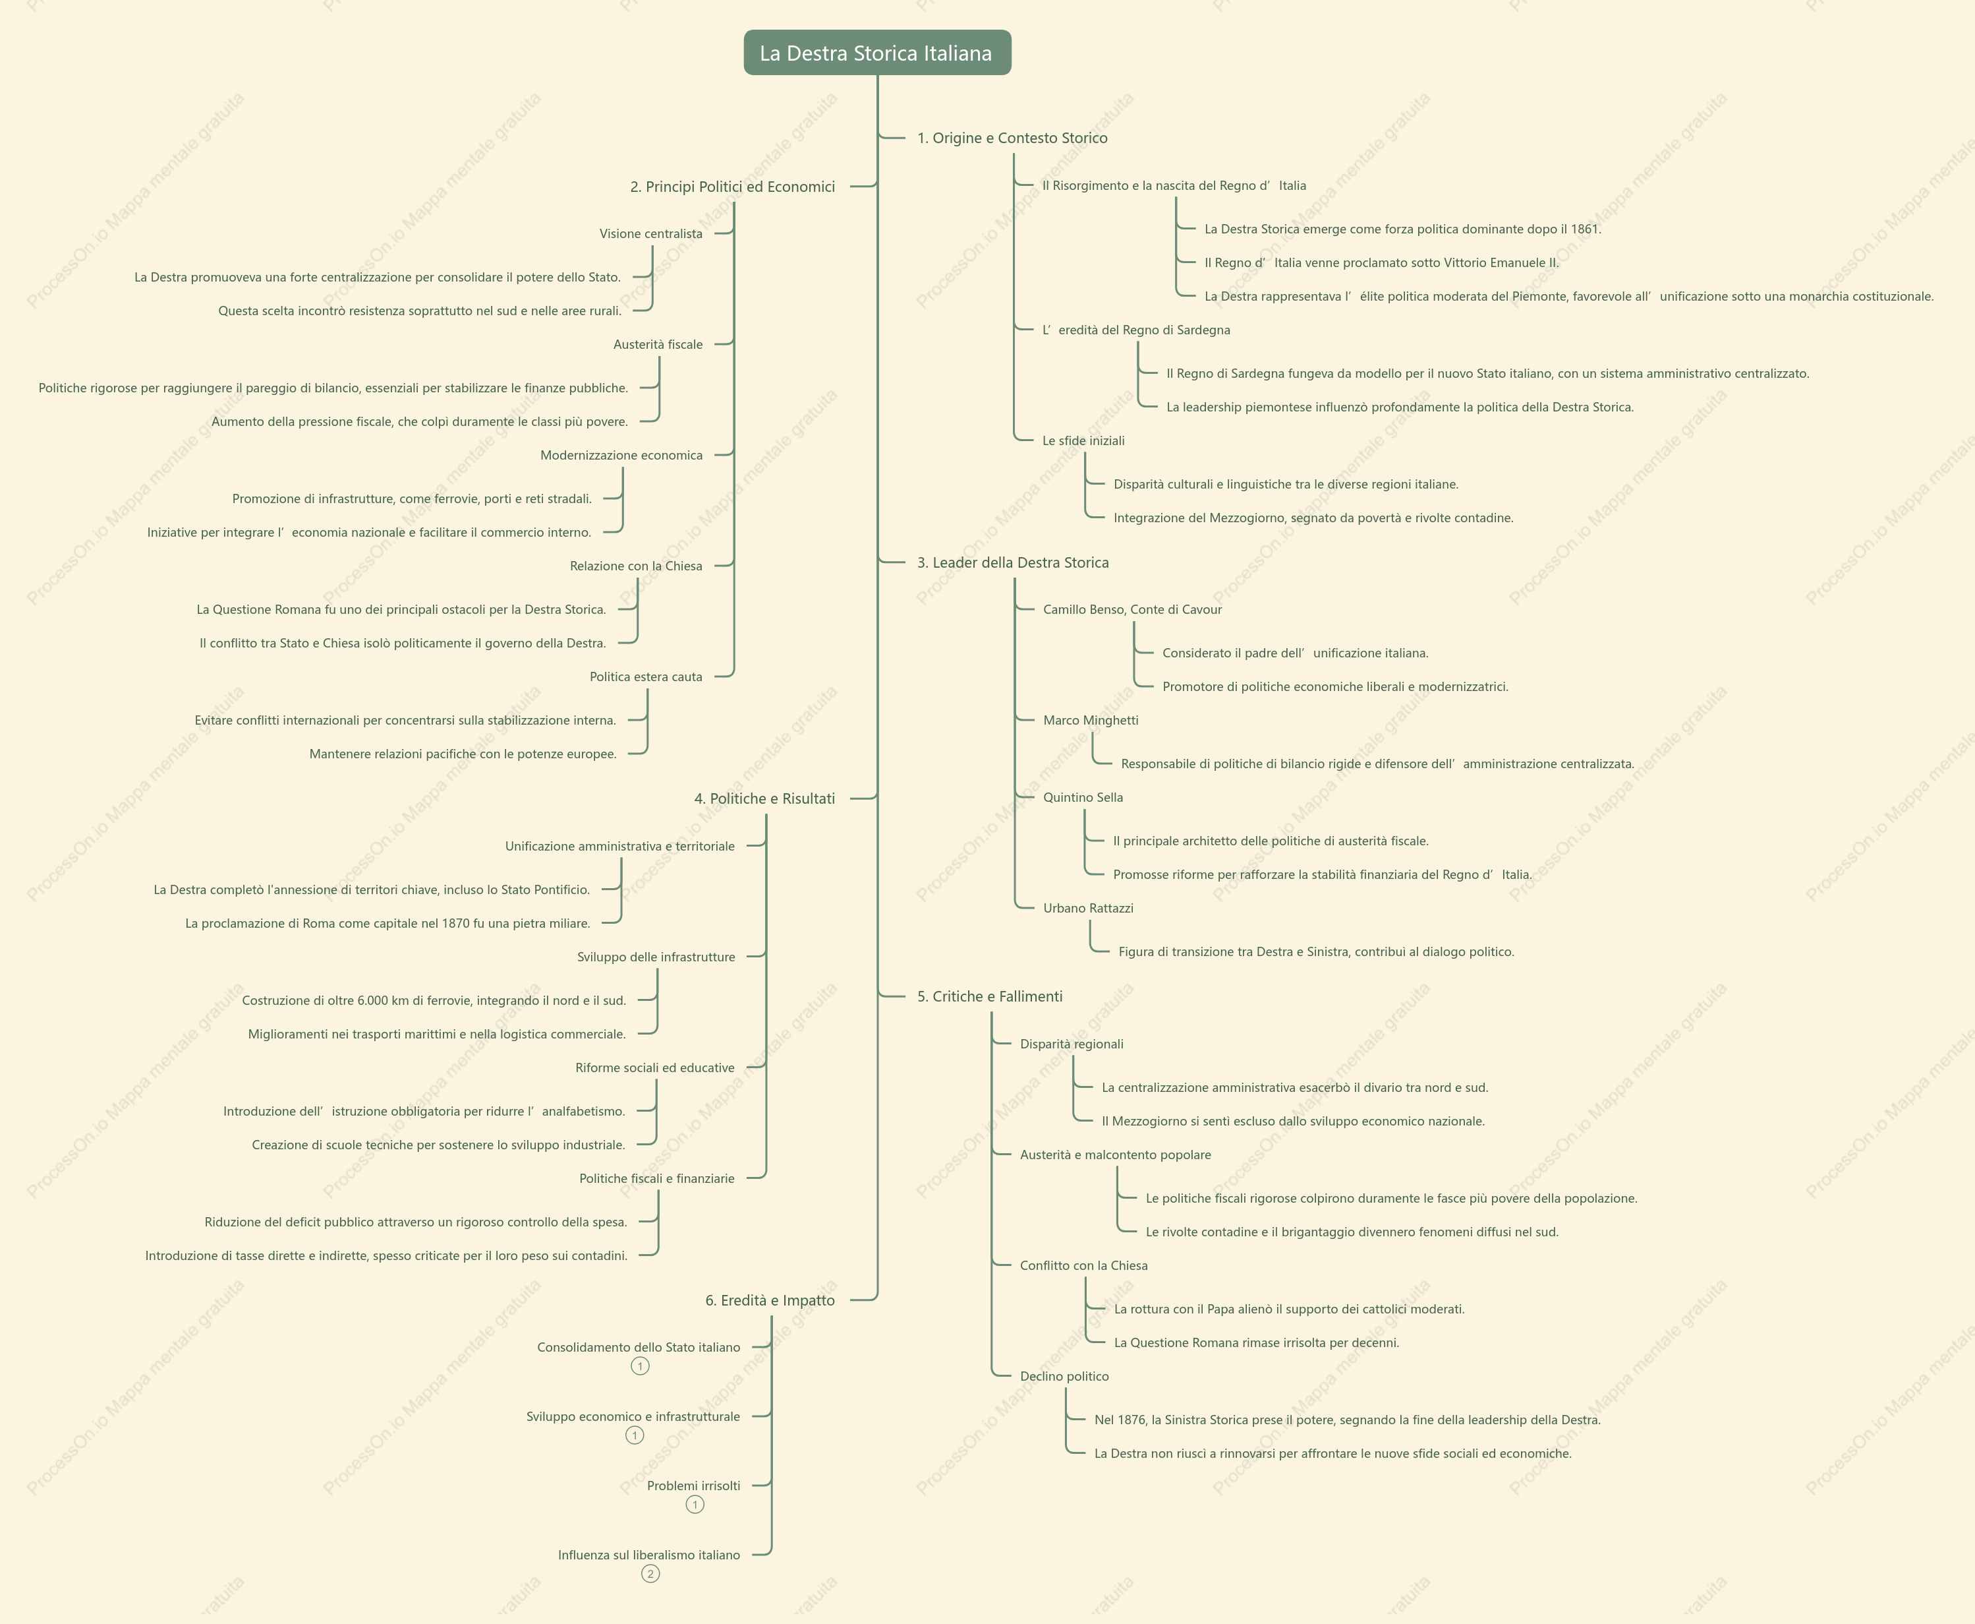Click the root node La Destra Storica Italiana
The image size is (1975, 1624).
877,52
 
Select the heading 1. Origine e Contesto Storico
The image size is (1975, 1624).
1012,138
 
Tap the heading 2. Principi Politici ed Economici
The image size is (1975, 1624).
732,186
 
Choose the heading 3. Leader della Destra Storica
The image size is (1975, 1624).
1013,562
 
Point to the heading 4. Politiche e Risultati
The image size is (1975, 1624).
764,798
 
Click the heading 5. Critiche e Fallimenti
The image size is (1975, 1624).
989,996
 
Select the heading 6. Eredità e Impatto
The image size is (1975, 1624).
770,1300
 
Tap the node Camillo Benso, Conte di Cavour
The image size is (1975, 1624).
1132,609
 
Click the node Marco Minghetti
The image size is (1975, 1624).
1091,719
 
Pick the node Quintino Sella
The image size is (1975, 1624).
1083,797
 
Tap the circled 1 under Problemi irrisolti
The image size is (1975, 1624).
695,1504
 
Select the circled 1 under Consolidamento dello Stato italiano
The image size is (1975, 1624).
640,1366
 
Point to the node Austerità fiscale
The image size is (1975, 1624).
658,344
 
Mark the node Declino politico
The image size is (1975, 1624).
1064,1376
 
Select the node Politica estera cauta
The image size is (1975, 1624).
645,677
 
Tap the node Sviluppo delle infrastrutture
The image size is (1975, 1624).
656,956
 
